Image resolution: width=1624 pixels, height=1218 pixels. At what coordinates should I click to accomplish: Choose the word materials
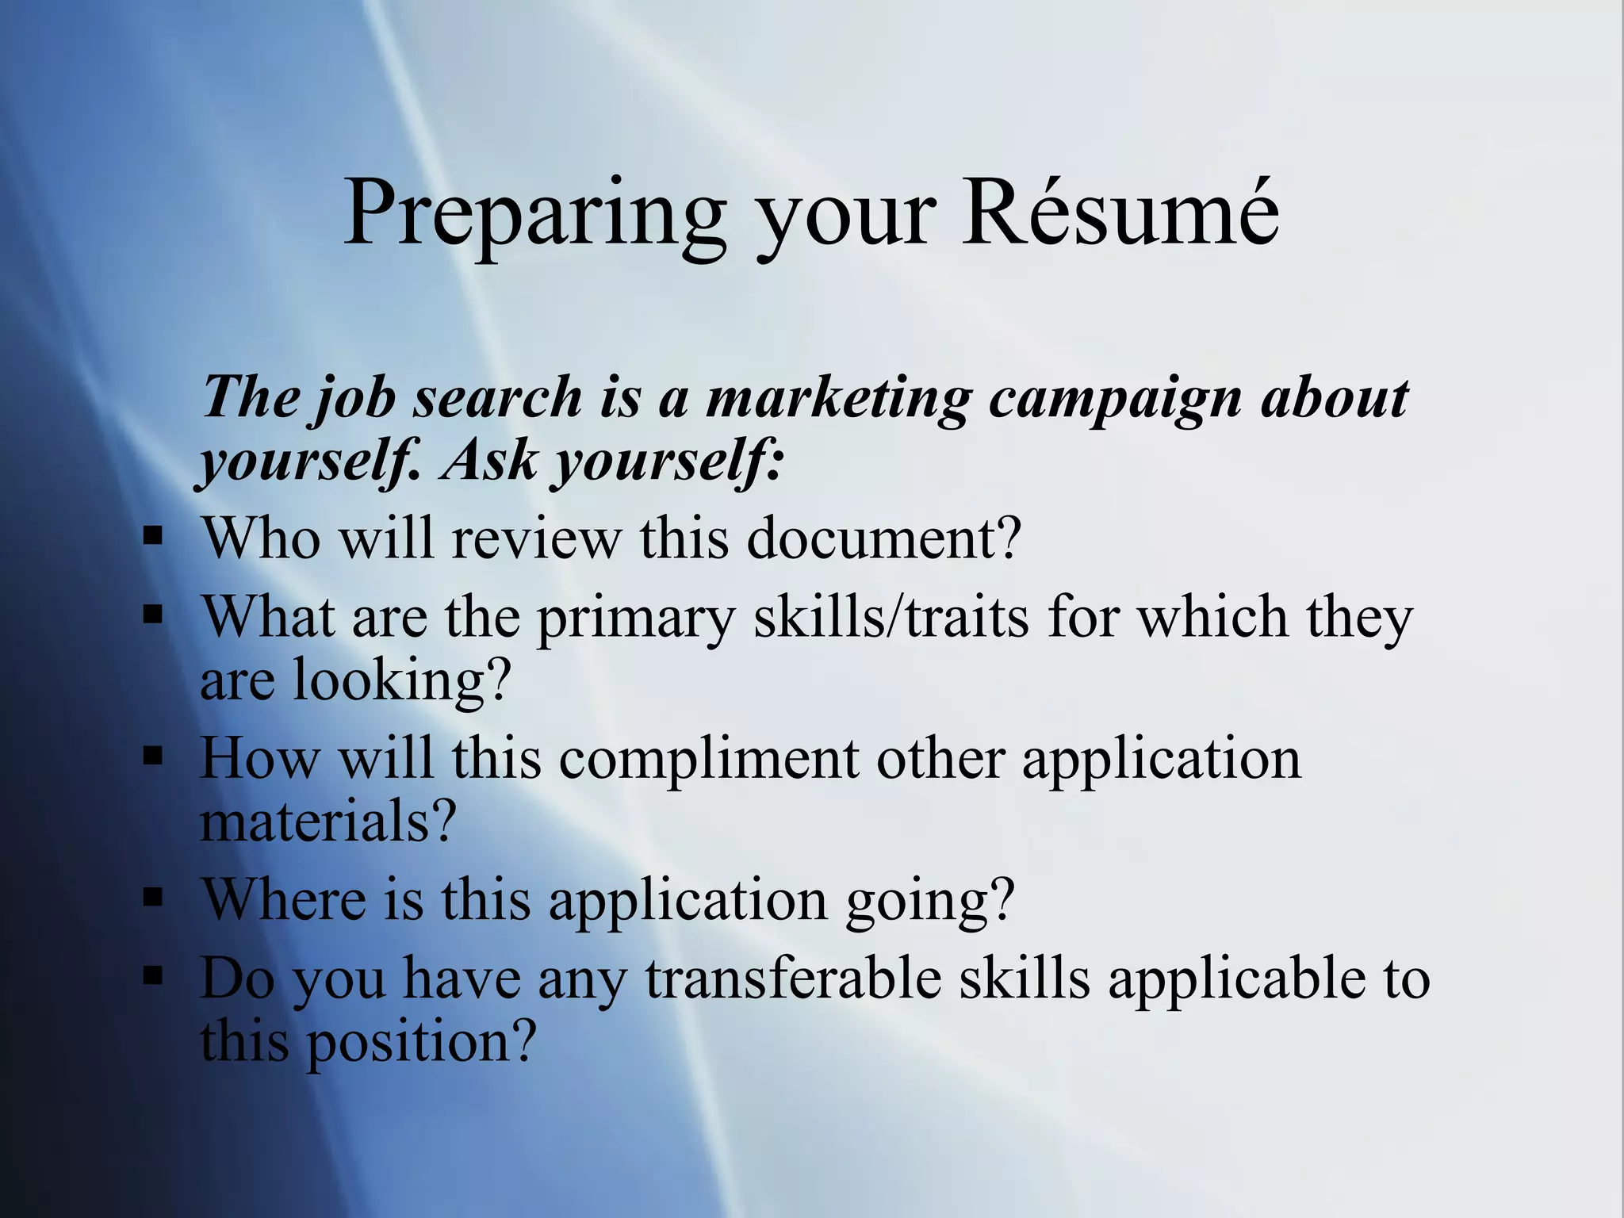point(327,822)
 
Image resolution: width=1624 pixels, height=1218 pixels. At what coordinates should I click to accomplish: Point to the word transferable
point(793,977)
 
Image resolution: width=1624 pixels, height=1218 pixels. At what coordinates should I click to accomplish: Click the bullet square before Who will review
point(152,538)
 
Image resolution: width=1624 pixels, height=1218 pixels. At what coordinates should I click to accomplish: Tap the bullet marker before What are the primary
point(152,615)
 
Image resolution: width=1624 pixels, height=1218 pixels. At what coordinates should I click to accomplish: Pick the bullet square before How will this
point(152,756)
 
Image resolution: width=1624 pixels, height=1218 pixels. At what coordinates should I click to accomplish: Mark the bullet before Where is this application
point(152,898)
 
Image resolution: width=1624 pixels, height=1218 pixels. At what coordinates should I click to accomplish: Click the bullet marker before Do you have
point(152,975)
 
